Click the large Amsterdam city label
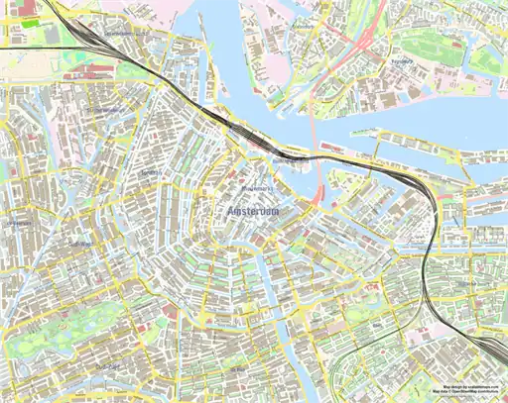coord(253,213)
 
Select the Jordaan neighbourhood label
coord(150,174)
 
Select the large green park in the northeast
coord(486,59)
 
